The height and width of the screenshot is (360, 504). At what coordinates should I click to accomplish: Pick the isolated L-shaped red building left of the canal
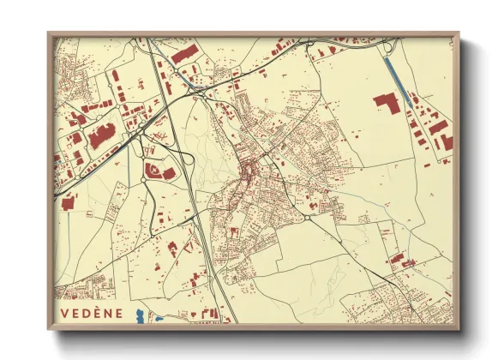click(x=387, y=103)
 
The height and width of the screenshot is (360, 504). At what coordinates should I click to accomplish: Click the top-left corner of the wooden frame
click(x=49, y=33)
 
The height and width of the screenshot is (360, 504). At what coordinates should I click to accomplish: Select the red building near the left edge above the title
click(x=68, y=202)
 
